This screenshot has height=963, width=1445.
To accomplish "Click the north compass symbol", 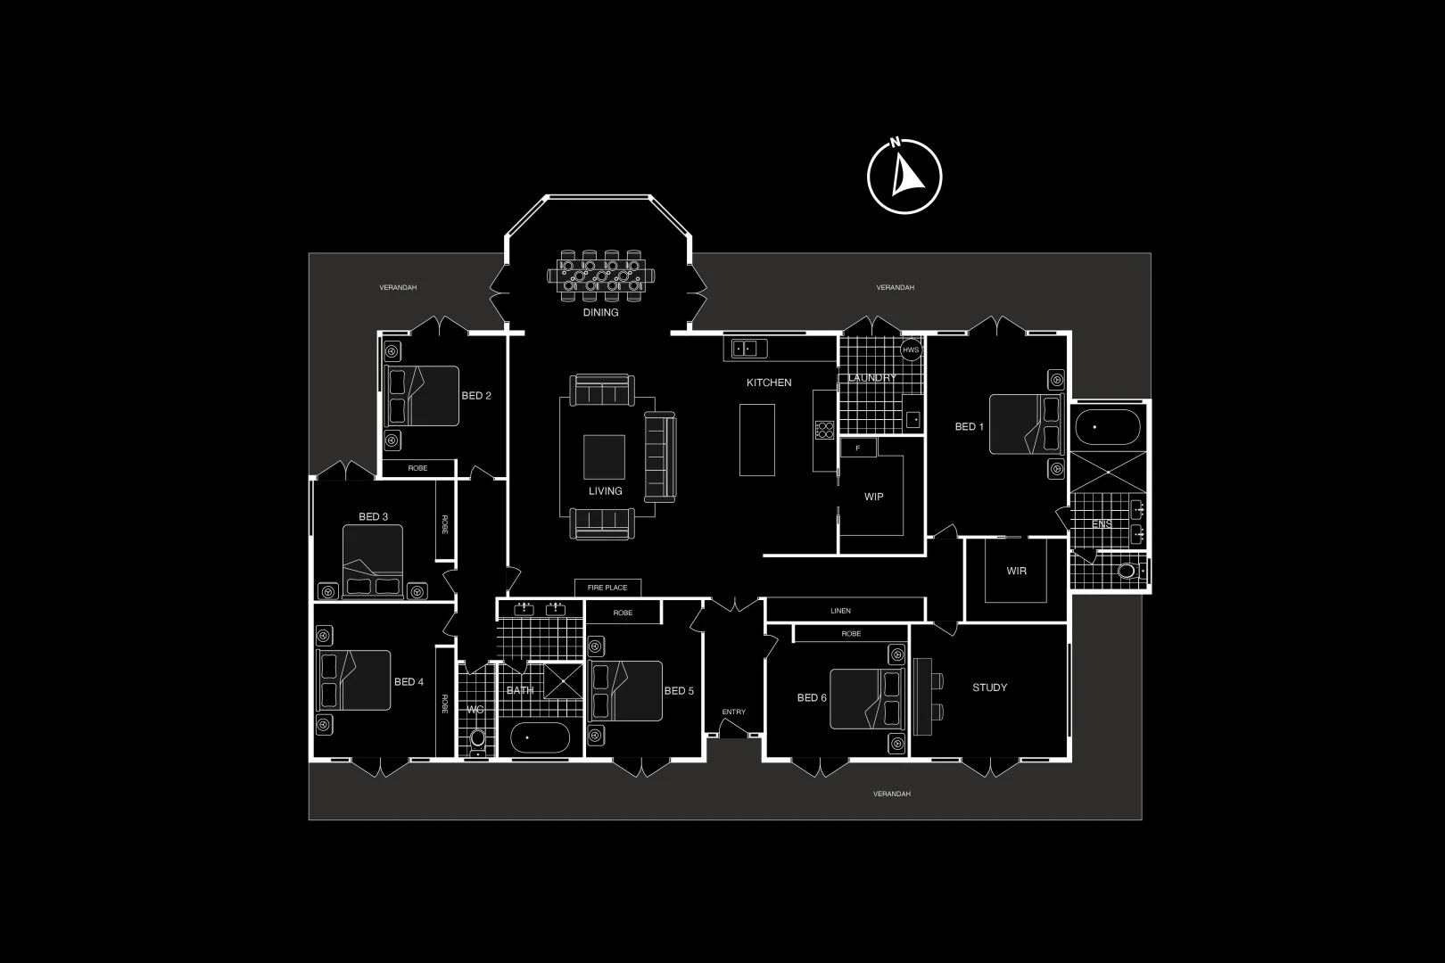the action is coord(904,177).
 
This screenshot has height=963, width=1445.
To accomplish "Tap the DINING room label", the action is coord(600,313).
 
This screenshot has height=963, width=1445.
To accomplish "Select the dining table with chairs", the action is coord(601,276).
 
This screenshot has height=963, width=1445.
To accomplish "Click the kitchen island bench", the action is coord(756,440).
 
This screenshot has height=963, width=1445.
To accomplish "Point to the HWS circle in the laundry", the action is coord(910,350).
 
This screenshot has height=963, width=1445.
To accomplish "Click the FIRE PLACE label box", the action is coord(607,588).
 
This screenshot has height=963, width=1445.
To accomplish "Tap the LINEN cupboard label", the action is coord(840,611).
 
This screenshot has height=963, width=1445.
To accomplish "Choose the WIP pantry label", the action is coord(873,497).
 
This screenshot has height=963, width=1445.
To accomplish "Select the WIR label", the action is coord(1016,571).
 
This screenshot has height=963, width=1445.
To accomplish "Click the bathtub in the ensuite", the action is coord(1107,427).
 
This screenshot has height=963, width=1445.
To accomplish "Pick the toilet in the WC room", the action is coord(478,739).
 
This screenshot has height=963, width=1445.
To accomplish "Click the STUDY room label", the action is coord(989,687).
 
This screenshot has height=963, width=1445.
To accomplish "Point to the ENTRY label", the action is coord(733,712).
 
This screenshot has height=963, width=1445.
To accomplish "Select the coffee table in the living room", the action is coord(604,457).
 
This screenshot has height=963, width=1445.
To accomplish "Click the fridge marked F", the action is coord(858,448).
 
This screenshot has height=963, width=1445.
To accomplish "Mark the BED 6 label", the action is coord(812,697).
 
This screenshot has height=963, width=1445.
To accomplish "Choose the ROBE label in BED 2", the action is coord(417,468).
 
